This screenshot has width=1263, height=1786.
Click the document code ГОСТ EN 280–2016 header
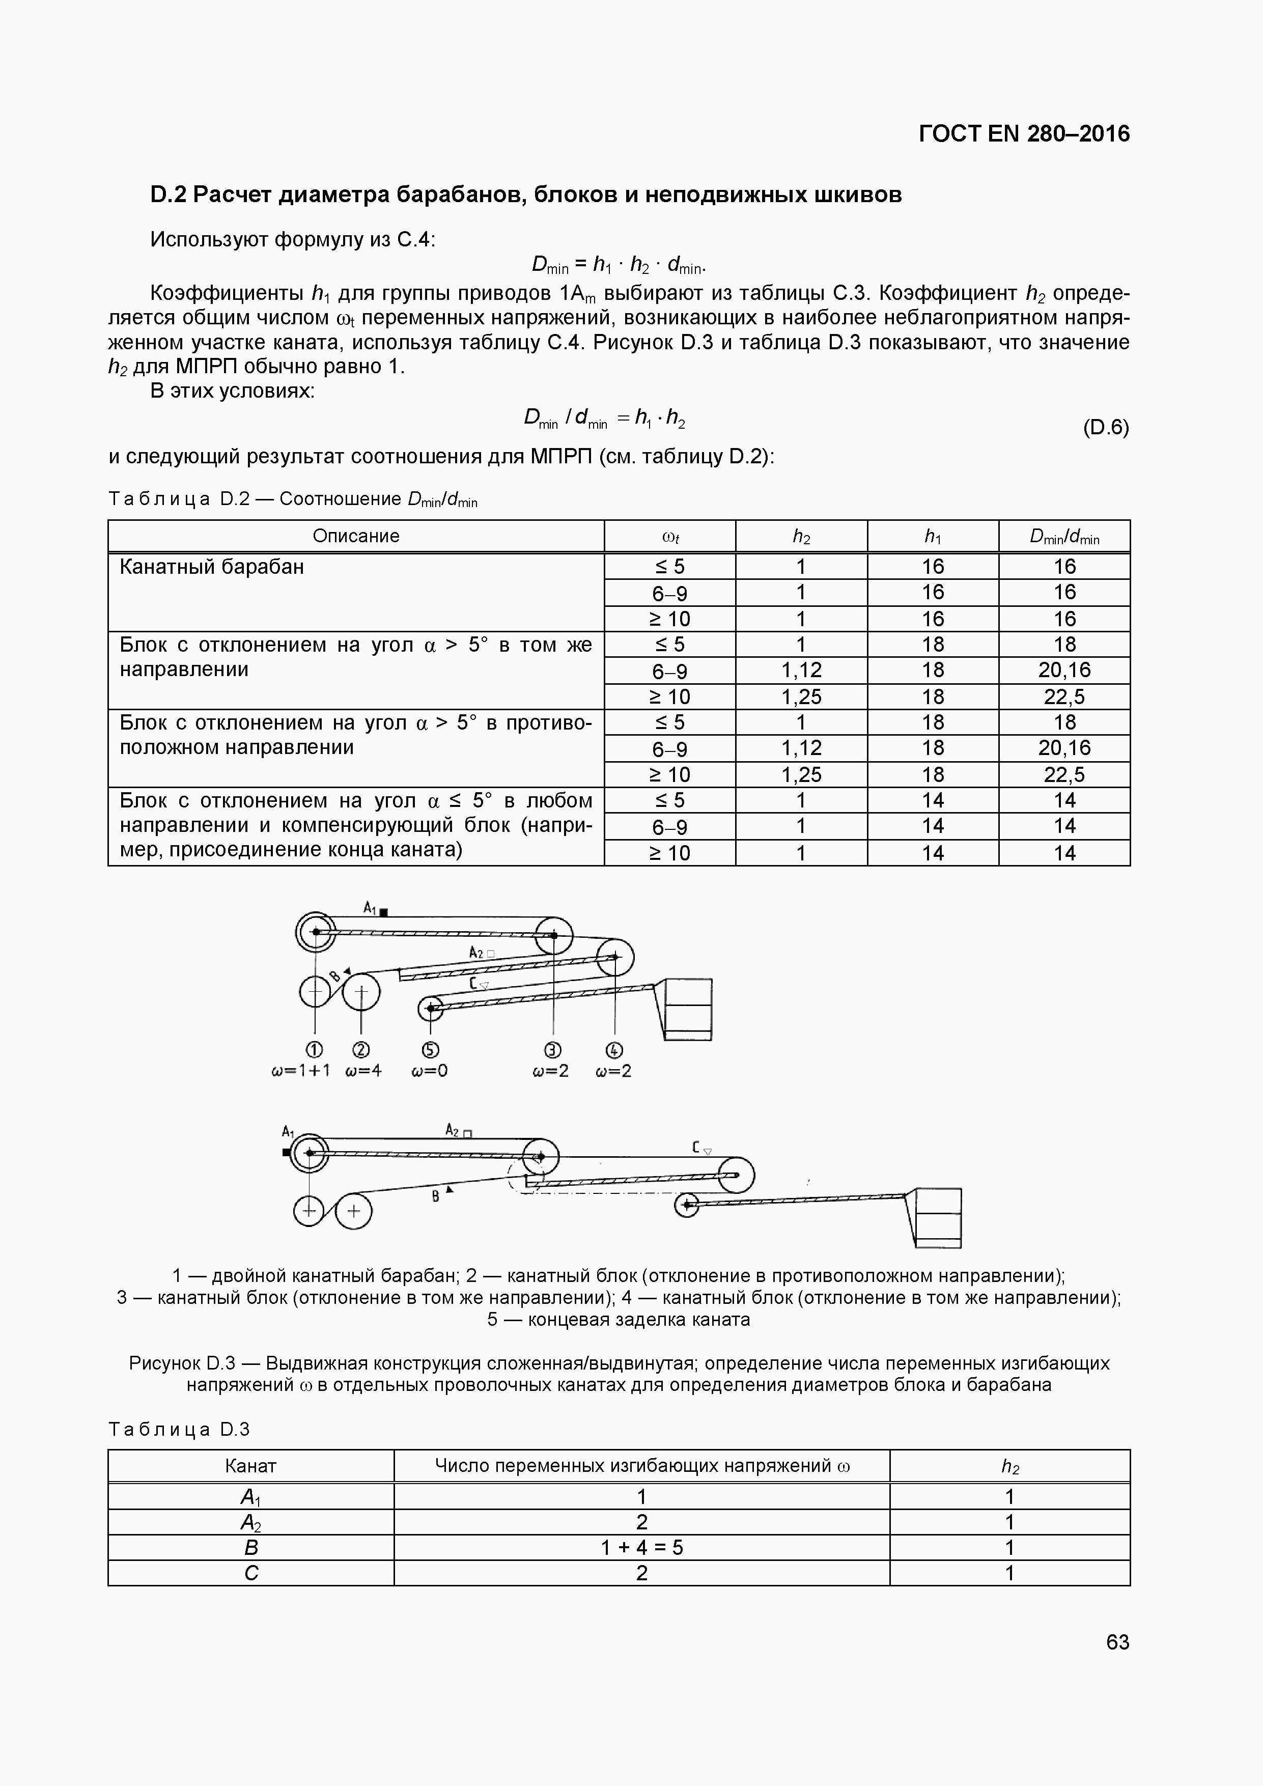tap(1023, 134)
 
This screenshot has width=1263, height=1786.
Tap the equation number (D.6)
tap(1105, 427)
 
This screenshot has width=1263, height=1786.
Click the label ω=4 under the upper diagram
tap(363, 1071)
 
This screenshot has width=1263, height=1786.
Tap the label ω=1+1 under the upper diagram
tap(300, 1071)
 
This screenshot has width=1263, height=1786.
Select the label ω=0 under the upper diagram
tap(429, 1071)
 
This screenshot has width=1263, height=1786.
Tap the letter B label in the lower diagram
tap(436, 1196)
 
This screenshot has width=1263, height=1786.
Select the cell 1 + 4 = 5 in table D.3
tap(641, 1547)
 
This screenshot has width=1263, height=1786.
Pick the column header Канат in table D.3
tap(250, 1466)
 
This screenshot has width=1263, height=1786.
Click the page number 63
tap(1117, 1642)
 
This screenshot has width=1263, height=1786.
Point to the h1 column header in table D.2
tap(933, 536)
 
